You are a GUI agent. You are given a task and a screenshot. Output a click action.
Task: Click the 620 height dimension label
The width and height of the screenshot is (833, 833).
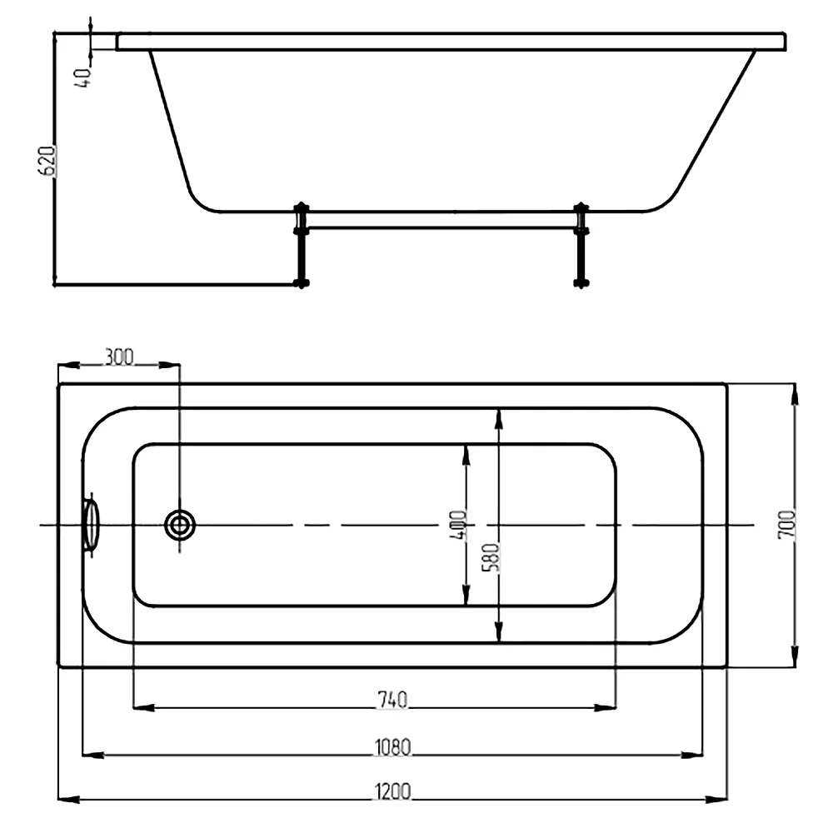[x=47, y=160]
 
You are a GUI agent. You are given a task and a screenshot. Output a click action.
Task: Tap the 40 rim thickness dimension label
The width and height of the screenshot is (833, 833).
[x=83, y=78]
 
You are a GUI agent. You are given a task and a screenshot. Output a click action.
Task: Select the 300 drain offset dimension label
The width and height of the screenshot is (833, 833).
[x=119, y=357]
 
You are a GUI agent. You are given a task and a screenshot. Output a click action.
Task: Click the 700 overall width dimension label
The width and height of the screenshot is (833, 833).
[x=787, y=524]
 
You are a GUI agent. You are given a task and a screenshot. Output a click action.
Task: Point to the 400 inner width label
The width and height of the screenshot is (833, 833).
[x=457, y=524]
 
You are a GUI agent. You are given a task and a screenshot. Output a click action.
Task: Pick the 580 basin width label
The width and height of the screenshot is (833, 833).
[x=491, y=556]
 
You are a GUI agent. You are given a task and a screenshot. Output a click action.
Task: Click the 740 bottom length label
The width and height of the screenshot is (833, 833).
[x=392, y=700]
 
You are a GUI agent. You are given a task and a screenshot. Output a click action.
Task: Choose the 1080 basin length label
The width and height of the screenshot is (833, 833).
[x=392, y=747]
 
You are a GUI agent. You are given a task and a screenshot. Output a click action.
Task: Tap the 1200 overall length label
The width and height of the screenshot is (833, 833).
[x=392, y=791]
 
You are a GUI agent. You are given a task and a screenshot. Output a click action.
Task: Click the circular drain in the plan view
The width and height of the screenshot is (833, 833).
[x=180, y=525]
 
